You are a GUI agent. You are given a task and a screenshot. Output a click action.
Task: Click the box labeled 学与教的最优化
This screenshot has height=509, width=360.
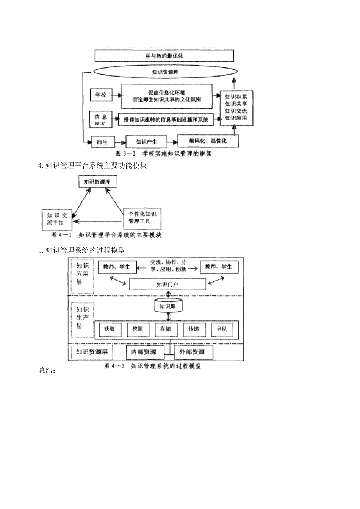(164, 56)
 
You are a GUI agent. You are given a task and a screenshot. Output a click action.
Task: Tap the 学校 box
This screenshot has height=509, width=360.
(101, 95)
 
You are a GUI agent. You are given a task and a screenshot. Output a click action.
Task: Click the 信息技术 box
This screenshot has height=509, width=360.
(101, 120)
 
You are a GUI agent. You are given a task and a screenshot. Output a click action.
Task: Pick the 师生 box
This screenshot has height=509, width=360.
(102, 142)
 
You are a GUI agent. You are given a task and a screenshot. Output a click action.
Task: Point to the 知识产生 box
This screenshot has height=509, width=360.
(146, 142)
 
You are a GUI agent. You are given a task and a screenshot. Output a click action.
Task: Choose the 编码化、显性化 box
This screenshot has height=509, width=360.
(208, 141)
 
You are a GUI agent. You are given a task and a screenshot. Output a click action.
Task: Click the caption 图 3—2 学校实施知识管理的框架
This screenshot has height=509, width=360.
(163, 154)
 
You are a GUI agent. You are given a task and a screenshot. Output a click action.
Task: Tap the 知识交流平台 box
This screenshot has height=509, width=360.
(57, 219)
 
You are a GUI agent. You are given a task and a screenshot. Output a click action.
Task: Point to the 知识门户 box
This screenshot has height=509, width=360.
(167, 284)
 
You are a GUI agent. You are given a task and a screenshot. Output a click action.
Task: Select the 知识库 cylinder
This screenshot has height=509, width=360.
(168, 306)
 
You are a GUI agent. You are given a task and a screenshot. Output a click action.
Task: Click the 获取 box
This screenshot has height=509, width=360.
(110, 329)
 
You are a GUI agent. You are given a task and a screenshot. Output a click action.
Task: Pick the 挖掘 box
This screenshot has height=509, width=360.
(138, 329)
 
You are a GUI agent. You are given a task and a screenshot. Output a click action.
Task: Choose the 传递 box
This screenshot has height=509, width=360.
(194, 329)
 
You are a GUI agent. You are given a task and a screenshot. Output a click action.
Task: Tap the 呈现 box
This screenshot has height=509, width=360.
(222, 329)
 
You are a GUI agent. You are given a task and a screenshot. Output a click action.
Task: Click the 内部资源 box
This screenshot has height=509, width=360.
(145, 352)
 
